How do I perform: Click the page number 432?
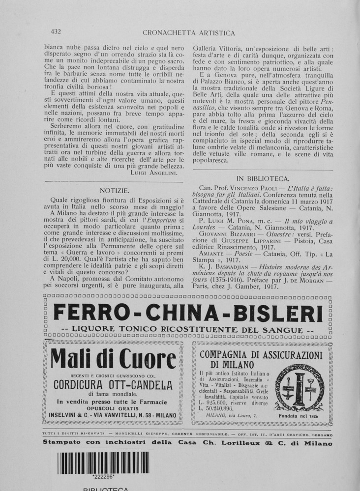pos(56,32)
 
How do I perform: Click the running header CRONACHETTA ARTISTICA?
pos(188,33)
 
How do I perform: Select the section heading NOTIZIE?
pos(114,190)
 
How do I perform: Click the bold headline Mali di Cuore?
pos(114,361)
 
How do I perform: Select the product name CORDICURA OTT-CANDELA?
pos(113,384)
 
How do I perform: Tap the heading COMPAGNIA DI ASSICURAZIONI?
pos(261,355)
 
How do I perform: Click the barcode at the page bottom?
pos(103,462)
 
